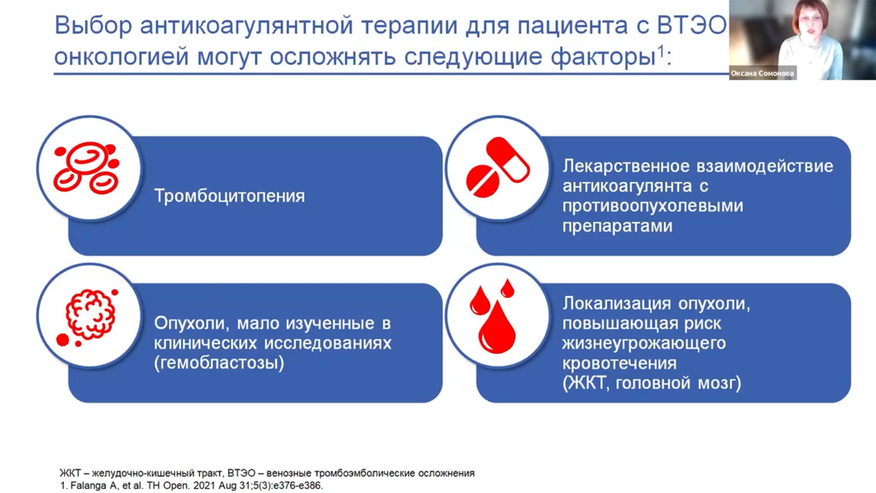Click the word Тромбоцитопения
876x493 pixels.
click(x=229, y=197)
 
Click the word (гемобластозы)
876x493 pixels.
click(x=219, y=363)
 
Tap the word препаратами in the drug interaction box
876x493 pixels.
click(x=617, y=226)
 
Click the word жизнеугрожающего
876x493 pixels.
click(x=643, y=343)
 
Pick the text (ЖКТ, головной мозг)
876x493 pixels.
click(x=652, y=383)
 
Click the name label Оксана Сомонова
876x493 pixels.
click(x=762, y=74)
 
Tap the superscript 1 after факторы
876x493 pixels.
click(x=662, y=51)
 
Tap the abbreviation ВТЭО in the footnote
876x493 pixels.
click(x=245, y=473)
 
